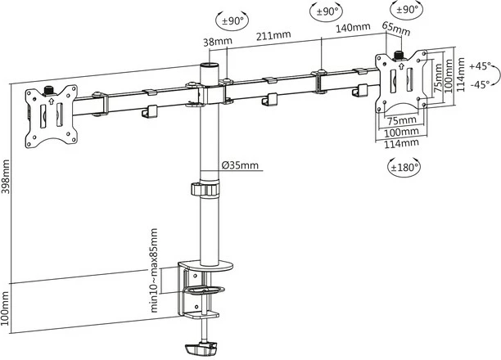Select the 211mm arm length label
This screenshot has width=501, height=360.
[272, 35]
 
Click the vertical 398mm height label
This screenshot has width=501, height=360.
[7, 179]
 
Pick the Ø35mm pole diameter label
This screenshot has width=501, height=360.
[241, 165]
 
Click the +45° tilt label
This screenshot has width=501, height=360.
[481, 65]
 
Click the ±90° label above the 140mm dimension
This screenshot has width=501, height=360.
[329, 12]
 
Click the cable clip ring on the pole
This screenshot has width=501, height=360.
[208, 189]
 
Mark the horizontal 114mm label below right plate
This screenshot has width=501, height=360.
[399, 142]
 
